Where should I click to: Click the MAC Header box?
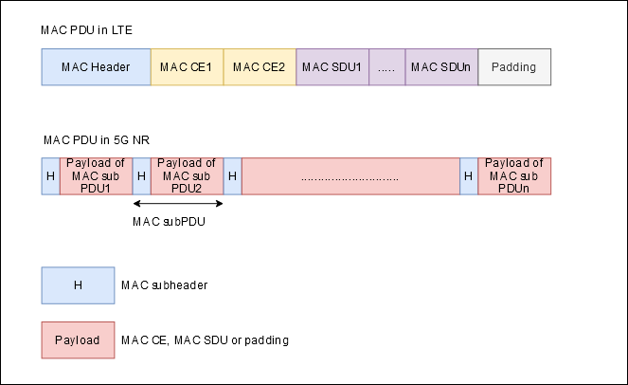[96, 67]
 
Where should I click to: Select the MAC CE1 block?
[187, 67]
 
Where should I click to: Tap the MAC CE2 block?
[260, 67]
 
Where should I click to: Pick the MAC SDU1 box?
[332, 67]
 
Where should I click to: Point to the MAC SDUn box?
[441, 67]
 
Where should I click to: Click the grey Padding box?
[514, 67]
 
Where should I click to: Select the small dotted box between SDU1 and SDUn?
[386, 67]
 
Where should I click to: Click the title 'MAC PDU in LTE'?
[86, 30]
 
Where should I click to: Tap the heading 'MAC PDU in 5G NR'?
[97, 140]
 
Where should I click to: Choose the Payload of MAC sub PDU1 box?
[96, 176]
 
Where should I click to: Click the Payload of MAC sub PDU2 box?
[187, 176]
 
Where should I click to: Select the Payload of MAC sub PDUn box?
[514, 176]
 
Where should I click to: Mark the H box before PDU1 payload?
[50, 176]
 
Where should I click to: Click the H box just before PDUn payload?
[469, 176]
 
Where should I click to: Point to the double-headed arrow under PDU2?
[178, 203]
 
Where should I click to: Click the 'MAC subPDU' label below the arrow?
[169, 222]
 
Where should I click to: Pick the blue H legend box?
[78, 285]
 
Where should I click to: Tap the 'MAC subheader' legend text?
[164, 285]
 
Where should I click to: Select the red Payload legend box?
[78, 340]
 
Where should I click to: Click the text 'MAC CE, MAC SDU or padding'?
[205, 340]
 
